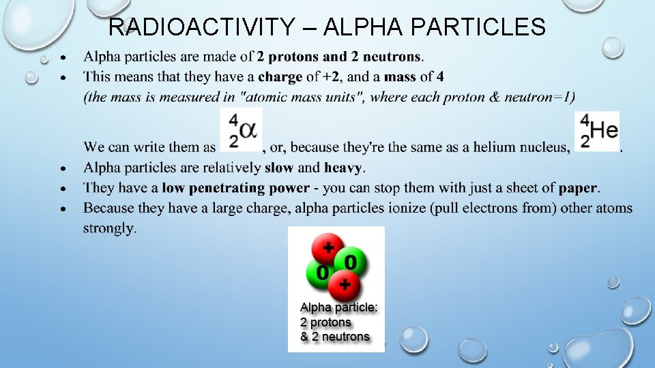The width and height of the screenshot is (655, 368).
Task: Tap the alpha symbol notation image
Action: [241, 130]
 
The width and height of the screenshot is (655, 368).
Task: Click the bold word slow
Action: [279, 168]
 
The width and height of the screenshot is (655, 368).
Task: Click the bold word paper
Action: [578, 188]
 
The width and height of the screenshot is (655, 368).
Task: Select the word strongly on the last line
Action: [109, 228]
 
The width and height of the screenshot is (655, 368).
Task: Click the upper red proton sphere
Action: [327, 249]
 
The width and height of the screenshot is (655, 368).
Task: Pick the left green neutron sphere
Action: [319, 273]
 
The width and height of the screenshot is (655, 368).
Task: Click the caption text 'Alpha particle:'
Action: [338, 308]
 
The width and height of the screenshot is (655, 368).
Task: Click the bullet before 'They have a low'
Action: [63, 188]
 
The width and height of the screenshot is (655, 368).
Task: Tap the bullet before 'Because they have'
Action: [63, 208]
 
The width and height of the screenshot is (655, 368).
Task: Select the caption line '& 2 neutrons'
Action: [334, 337]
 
